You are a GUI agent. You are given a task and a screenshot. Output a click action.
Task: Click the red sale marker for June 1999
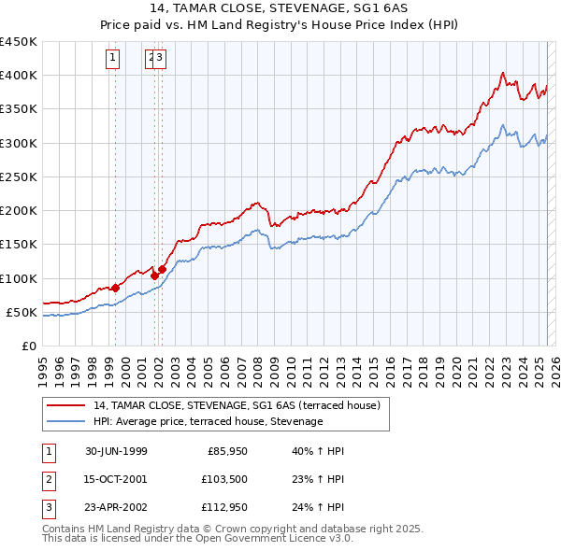116,288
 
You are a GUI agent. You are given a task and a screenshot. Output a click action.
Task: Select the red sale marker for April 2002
162,269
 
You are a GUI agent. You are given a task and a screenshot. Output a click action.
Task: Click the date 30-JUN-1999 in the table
116,451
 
